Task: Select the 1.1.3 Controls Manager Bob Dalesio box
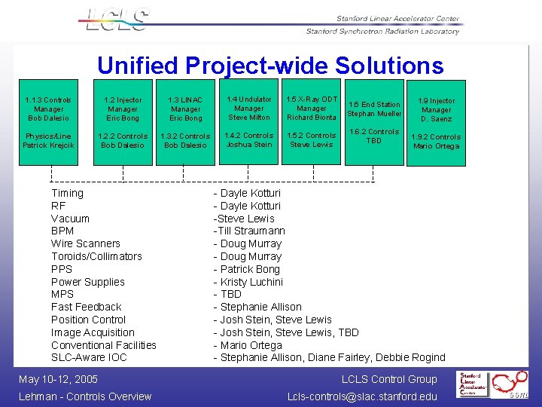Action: tap(48, 109)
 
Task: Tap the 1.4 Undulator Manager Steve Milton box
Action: tap(249, 109)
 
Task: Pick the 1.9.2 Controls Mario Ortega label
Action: tap(436, 142)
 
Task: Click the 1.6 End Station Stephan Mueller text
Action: tap(374, 109)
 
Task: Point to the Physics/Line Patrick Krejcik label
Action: tap(48, 141)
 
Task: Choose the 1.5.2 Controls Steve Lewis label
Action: tap(312, 140)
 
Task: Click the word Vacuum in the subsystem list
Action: tap(70, 219)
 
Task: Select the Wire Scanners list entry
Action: tap(85, 243)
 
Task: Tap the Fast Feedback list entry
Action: tap(86, 307)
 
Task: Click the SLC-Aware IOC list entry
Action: tap(89, 357)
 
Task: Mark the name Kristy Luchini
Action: tap(251, 282)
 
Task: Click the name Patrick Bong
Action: tap(249, 269)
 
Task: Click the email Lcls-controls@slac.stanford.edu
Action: tap(362, 396)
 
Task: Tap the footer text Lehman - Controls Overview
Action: tap(85, 396)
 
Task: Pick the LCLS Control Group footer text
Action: tap(388, 379)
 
